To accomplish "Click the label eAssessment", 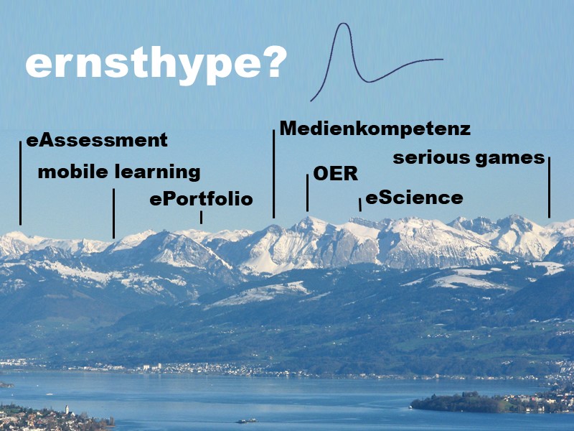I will [x=96, y=140].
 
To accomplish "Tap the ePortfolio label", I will [x=201, y=199].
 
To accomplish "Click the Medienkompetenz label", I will [x=375, y=129].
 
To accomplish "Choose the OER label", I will [x=335, y=175].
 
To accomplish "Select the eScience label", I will [x=414, y=198].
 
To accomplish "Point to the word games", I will [x=510, y=158].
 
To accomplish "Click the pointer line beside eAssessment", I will [x=20, y=182].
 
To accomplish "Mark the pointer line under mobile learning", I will [x=113, y=213].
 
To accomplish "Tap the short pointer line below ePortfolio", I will [x=201, y=217].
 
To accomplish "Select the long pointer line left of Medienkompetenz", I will [x=273, y=173].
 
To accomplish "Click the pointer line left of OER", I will [x=308, y=193].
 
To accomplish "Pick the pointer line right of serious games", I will [x=549, y=187].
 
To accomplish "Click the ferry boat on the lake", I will [x=246, y=420].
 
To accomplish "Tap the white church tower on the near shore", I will [x=67, y=409].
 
